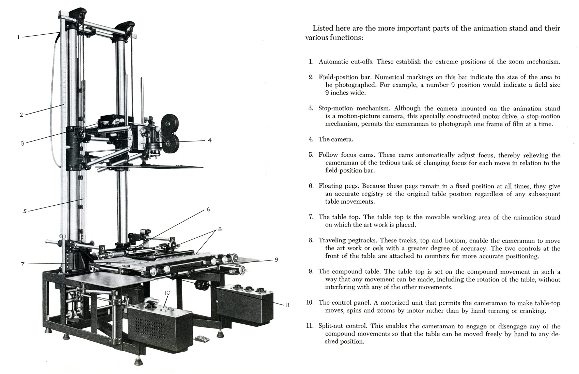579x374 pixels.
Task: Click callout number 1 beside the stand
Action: click(18, 37)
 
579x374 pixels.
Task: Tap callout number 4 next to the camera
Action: click(210, 140)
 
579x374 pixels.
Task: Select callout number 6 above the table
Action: click(208, 209)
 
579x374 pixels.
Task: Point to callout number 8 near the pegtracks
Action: click(220, 229)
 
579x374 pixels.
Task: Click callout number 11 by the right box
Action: click(287, 305)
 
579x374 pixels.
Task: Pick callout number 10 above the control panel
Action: click(167, 293)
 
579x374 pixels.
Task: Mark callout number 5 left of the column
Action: click(25, 211)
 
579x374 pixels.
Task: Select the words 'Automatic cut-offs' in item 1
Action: click(346, 62)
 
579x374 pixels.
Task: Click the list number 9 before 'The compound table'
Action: click(311, 271)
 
